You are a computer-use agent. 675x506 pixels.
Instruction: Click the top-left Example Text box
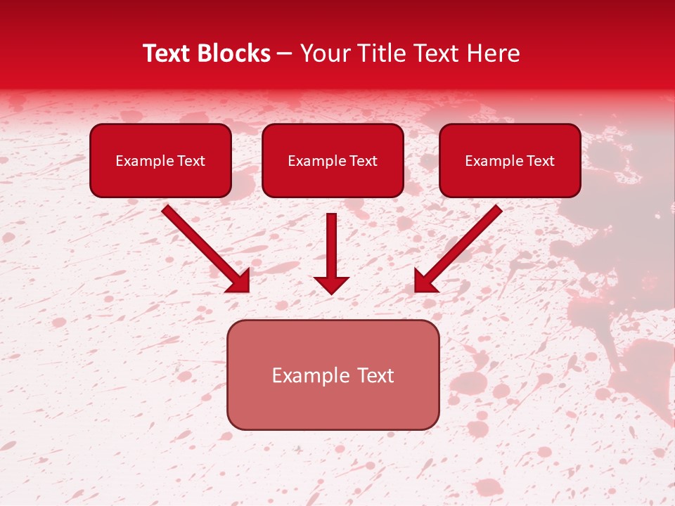[x=160, y=160]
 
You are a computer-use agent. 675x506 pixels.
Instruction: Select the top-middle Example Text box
[x=333, y=160]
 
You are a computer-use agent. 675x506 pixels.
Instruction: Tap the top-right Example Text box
[x=510, y=160]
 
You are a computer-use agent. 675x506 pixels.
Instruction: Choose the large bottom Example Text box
[x=333, y=375]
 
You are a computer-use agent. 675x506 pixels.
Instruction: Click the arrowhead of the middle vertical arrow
[x=331, y=284]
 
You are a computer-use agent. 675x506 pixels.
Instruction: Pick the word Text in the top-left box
[x=191, y=160]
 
